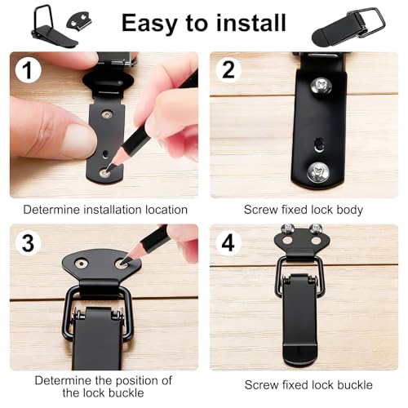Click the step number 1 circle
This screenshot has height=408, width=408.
click(28, 70)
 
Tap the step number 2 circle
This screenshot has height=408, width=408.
click(228, 70)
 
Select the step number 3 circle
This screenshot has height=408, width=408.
click(28, 242)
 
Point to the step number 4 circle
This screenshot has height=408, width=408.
click(228, 242)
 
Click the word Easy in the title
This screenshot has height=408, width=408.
click(152, 24)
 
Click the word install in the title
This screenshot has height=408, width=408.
click(251, 23)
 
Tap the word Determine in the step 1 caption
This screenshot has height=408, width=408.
click(52, 210)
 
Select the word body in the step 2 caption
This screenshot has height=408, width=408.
click(350, 211)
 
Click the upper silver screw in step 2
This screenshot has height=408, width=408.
click(321, 86)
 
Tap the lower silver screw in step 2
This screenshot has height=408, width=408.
click(318, 172)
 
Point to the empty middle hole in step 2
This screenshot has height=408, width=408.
click(319, 144)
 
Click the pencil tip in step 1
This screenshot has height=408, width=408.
click(109, 169)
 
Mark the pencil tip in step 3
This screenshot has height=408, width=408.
click(122, 263)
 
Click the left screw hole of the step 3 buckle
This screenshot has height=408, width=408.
click(81, 264)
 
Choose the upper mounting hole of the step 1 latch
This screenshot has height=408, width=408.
click(108, 113)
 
